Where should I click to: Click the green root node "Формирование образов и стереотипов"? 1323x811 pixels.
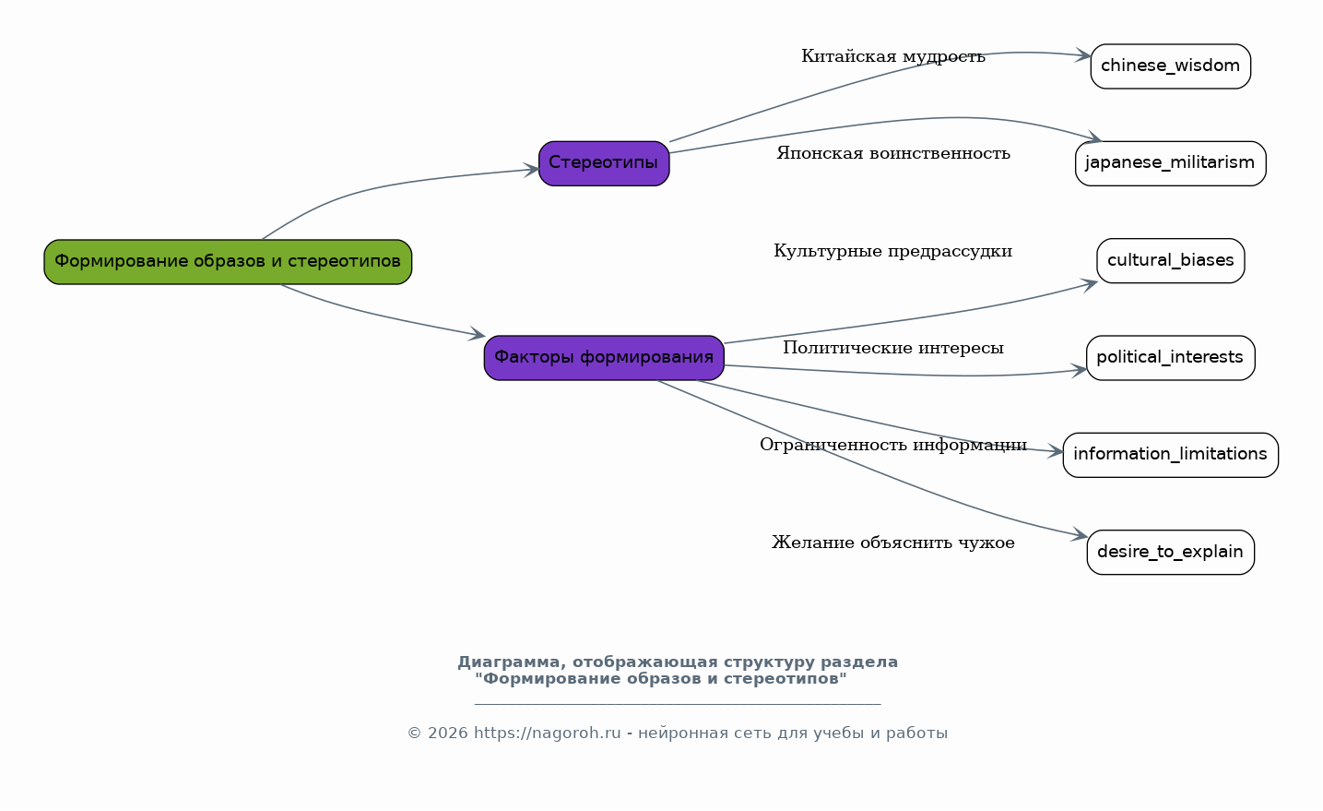click(x=228, y=262)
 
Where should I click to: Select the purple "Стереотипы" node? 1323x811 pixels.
click(x=604, y=163)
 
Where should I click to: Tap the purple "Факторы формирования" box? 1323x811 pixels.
click(x=604, y=358)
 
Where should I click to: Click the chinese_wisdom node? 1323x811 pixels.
click(x=1170, y=66)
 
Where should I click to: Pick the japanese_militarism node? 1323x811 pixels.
click(x=1170, y=163)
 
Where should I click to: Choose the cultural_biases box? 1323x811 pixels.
click(x=1170, y=261)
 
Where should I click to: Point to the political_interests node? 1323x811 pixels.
click(x=1170, y=358)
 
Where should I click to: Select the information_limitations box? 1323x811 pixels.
click(x=1170, y=455)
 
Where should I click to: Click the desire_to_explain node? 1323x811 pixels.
click(x=1170, y=552)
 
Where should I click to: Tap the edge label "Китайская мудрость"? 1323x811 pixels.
click(x=893, y=57)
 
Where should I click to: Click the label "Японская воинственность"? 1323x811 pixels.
click(x=893, y=154)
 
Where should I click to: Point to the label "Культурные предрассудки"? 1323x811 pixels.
click(x=893, y=251)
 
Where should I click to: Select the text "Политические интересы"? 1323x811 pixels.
click(x=893, y=348)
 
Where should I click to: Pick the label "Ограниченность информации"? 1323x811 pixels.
click(x=893, y=445)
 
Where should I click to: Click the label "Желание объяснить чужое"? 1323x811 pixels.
click(x=893, y=543)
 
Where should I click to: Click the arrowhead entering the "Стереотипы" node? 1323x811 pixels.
click(x=531, y=170)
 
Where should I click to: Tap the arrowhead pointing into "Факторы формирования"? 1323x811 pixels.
click(x=478, y=334)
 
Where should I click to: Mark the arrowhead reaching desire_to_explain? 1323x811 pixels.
click(x=1080, y=534)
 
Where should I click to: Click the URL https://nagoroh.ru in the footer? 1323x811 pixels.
click(x=547, y=733)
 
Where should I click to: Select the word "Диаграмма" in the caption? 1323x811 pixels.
click(x=513, y=662)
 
